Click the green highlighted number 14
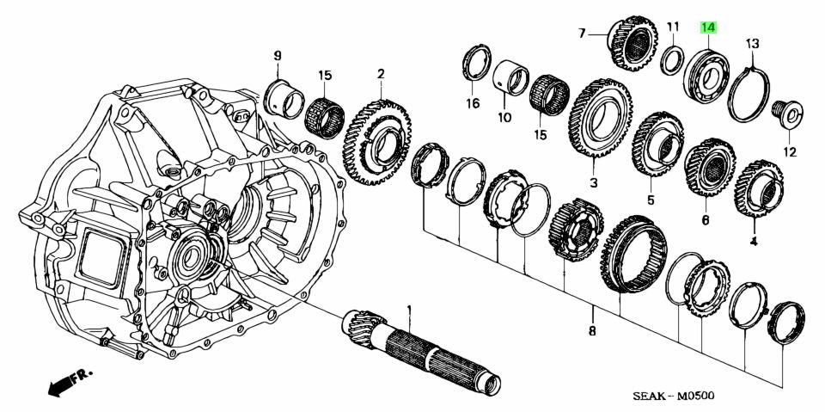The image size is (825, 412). tap(708, 28)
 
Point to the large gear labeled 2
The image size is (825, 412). tap(379, 141)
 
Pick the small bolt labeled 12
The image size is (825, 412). tap(787, 112)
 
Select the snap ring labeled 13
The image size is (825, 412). tap(749, 92)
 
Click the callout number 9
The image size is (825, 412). tap(278, 57)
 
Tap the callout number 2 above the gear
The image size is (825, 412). tap(380, 75)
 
